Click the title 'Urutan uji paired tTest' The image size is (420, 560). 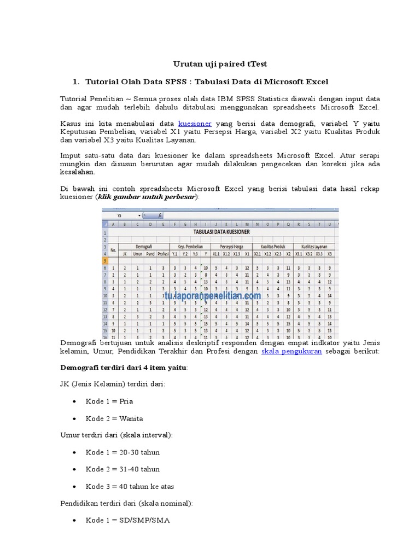click(220, 64)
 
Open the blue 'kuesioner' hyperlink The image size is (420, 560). click(195, 124)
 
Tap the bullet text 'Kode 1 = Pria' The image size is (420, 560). click(109, 401)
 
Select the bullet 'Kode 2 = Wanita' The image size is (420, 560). click(114, 418)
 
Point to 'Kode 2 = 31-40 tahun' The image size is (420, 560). click(122, 469)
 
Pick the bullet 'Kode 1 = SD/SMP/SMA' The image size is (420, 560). click(127, 520)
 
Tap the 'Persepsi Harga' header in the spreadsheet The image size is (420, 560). click(231, 247)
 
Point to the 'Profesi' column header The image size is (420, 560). click(163, 254)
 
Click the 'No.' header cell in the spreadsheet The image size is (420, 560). click(114, 250)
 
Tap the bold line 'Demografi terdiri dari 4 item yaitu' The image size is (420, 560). click(122, 367)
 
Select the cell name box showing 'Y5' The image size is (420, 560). click(120, 215)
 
